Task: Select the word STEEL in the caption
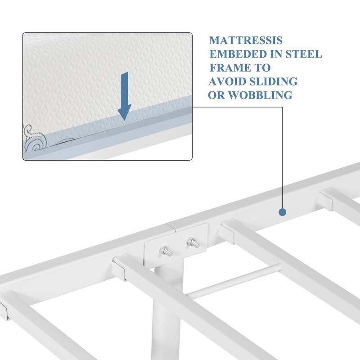tap(305, 54)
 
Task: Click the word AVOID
tap(227, 81)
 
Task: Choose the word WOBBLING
tap(261, 95)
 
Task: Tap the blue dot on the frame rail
tap(283, 212)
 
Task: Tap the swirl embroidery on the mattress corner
tap(35, 139)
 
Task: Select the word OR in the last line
tap(218, 95)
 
